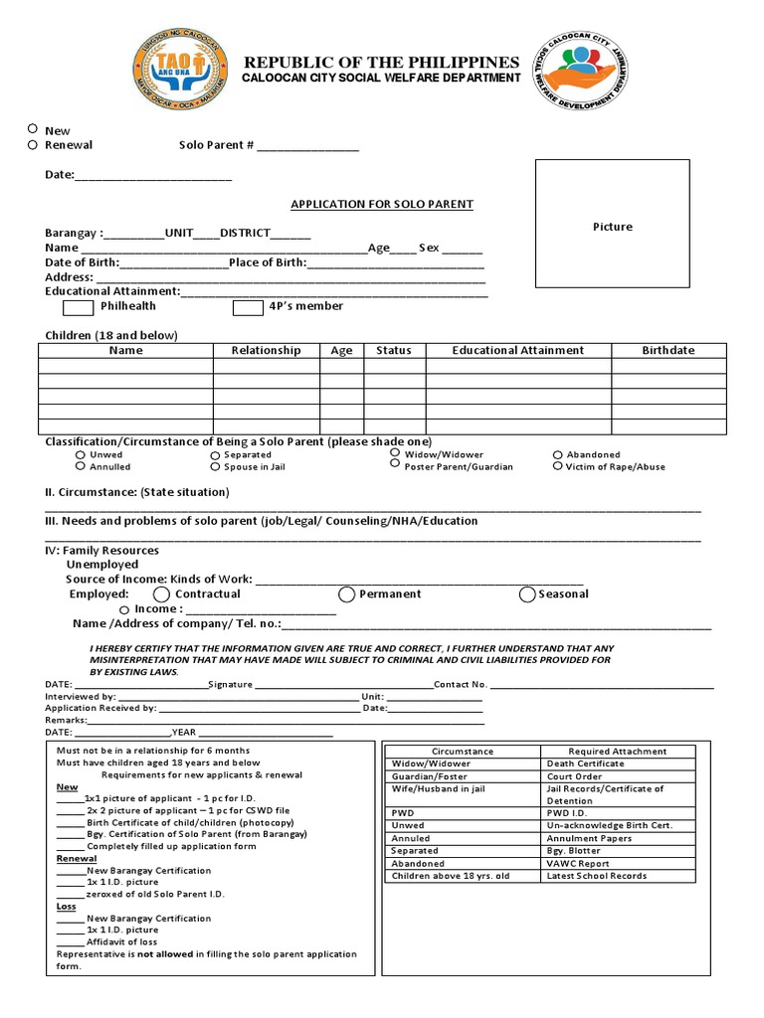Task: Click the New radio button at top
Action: tap(33, 129)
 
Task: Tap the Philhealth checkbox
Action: tap(79, 307)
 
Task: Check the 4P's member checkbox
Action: tap(248, 307)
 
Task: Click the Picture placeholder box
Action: tap(612, 227)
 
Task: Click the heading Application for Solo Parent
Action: tap(381, 205)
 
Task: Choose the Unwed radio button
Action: tap(81, 455)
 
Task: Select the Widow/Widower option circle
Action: tap(396, 453)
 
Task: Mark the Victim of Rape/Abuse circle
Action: tap(558, 466)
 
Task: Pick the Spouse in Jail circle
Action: tap(215, 466)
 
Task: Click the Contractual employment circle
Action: tap(160, 594)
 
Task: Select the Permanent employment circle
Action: tap(346, 594)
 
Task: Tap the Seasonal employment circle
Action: tap(527, 594)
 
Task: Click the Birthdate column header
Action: tap(668, 351)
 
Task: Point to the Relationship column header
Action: tap(266, 351)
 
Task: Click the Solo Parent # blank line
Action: tap(308, 146)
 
